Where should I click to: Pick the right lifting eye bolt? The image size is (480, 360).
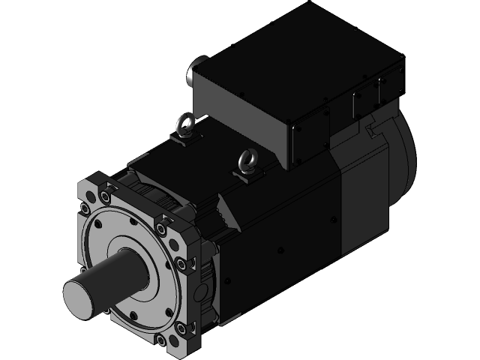click(x=246, y=160)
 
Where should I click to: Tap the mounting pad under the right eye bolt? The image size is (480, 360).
click(x=247, y=174)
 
